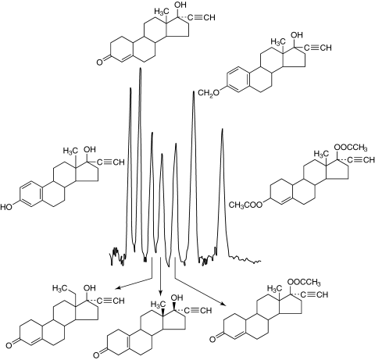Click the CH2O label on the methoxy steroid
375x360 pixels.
click(209, 93)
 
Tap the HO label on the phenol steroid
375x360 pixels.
click(6, 207)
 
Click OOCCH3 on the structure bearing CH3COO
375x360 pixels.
click(351, 148)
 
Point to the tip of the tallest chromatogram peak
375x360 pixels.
click(141, 68)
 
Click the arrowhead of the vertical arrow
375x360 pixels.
click(160, 293)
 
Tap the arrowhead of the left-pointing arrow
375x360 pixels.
click(118, 288)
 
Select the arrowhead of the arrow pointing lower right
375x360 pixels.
click(222, 303)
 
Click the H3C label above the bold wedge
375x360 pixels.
click(158, 304)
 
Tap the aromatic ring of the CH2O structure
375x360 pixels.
click(238, 80)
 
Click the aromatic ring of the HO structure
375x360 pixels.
click(31, 194)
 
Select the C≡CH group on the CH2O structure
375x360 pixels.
click(318, 48)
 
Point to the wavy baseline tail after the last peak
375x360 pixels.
click(245, 259)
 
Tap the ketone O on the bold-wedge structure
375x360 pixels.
click(96, 355)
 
